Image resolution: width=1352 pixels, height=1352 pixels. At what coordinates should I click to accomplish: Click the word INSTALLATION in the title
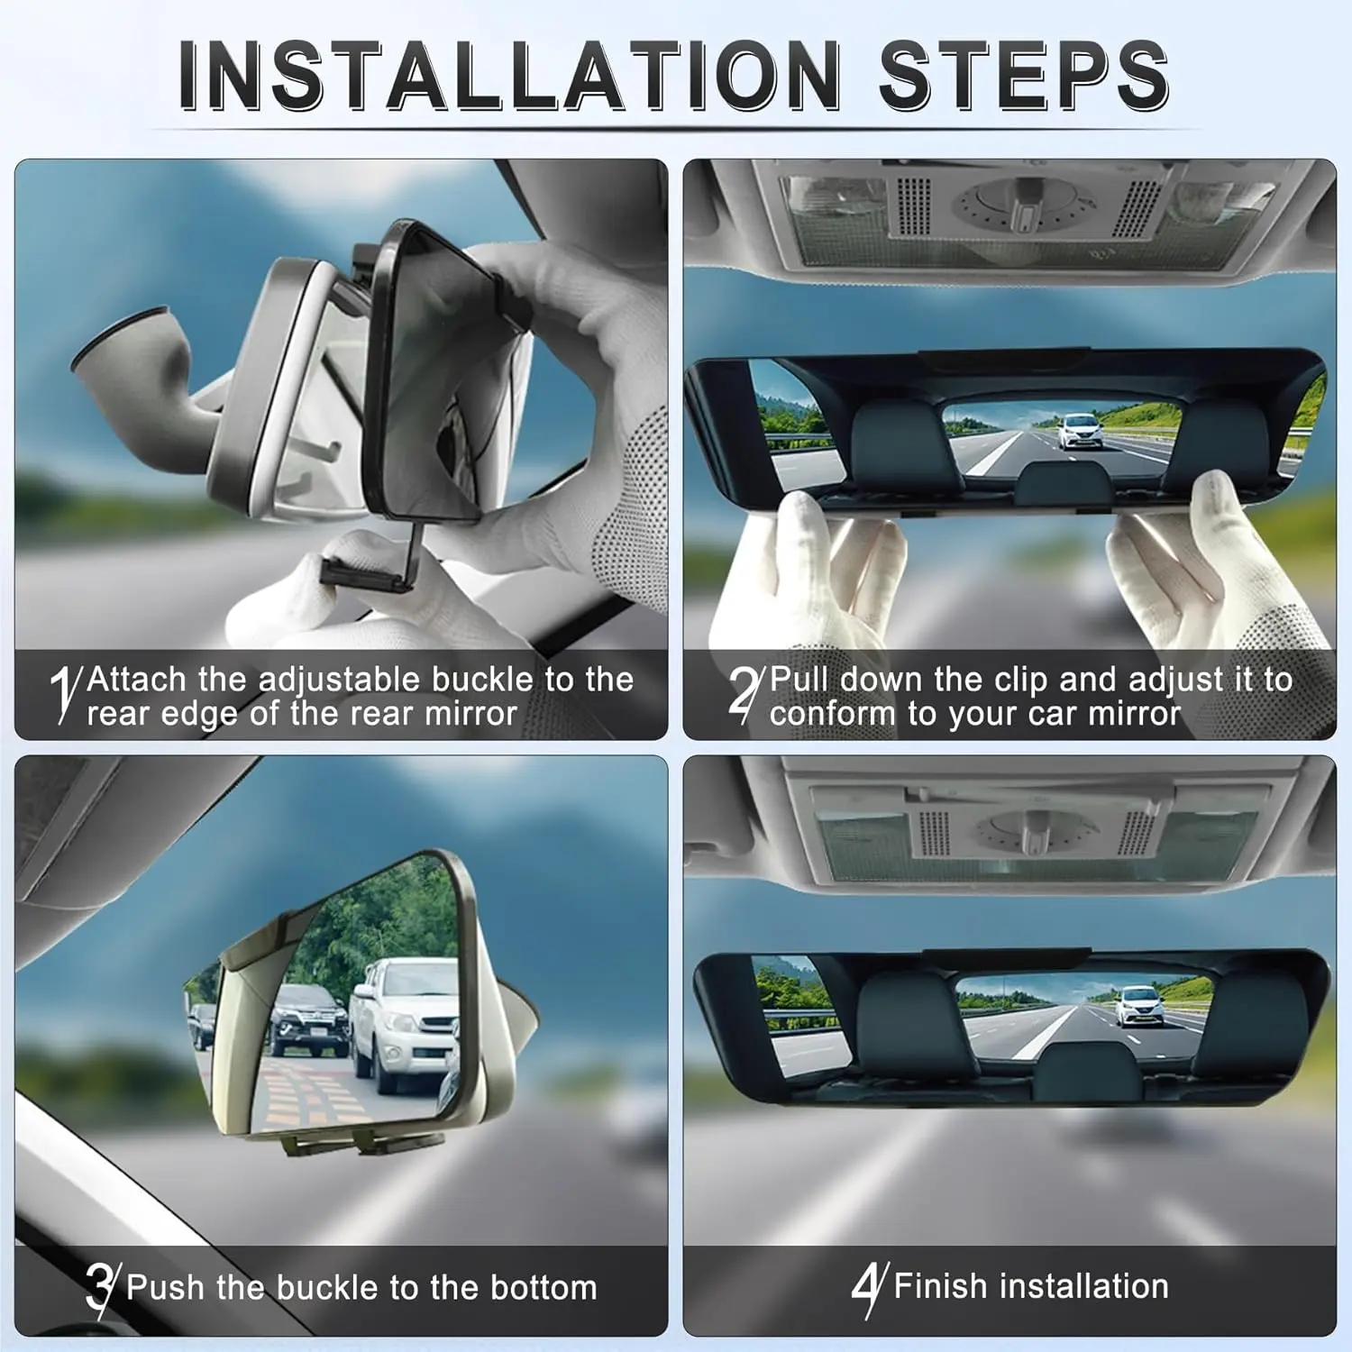coord(509,76)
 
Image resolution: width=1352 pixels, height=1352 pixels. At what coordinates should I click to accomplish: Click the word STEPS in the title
coord(1024,76)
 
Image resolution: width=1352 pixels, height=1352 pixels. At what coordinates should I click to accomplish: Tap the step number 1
coord(64,694)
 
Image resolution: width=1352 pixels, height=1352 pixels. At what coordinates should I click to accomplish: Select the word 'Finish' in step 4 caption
coord(940,1286)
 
